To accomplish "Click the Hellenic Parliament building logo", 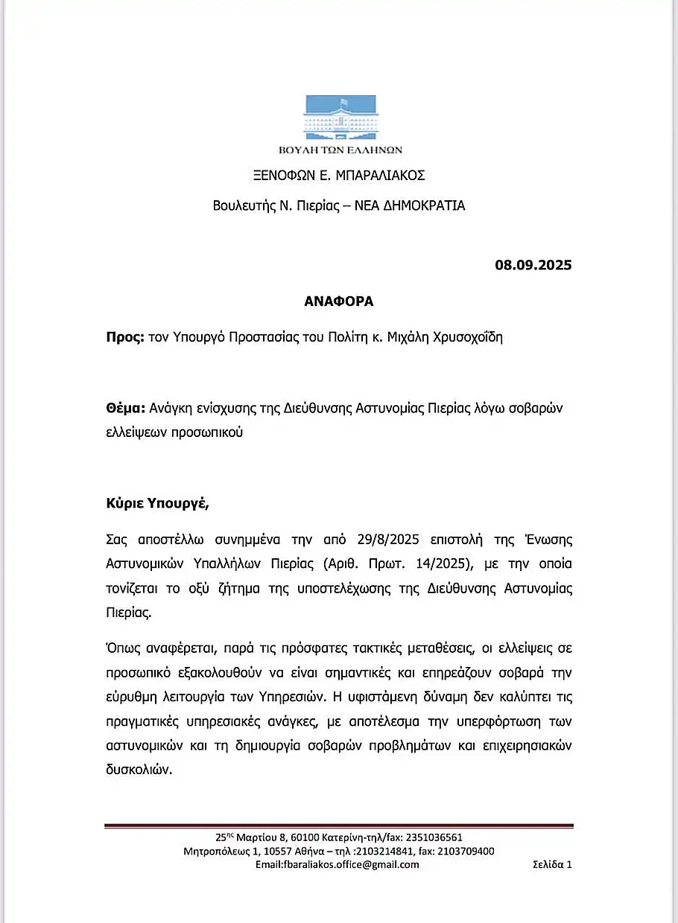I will (x=340, y=117).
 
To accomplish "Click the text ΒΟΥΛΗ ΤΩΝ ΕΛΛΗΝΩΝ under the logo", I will (x=339, y=149).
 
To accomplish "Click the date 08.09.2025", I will (x=533, y=264).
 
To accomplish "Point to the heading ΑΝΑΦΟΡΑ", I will (x=338, y=301).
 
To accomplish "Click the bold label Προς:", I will (x=125, y=336).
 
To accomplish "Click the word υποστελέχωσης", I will (x=328, y=589).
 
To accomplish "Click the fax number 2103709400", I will (x=464, y=852).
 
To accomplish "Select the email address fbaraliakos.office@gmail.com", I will (x=337, y=865).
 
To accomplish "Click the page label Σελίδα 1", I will (x=552, y=865).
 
